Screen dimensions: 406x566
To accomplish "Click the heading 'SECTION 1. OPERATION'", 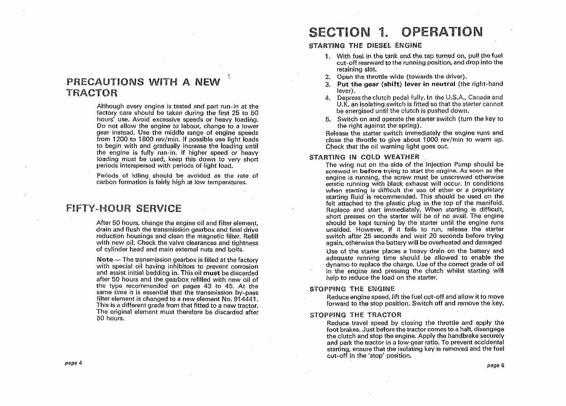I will coord(395,32).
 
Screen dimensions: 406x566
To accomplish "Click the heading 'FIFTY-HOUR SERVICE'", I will coord(124,208).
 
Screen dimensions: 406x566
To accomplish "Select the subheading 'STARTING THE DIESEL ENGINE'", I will coord(365,45).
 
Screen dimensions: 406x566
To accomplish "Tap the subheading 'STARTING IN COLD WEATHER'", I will coord(364,157).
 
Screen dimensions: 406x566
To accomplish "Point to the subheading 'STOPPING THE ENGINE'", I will coord(352,289).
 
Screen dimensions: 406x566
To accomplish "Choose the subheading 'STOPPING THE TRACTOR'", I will coord(355,315).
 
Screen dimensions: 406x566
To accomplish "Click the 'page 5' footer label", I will coord(496,365).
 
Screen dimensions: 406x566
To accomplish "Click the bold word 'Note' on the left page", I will coord(105,260).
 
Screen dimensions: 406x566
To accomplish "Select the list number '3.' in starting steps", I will coord(328,84).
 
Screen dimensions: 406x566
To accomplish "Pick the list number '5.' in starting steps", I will coord(328,119).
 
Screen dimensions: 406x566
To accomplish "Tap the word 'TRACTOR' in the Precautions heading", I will coord(92,93).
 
